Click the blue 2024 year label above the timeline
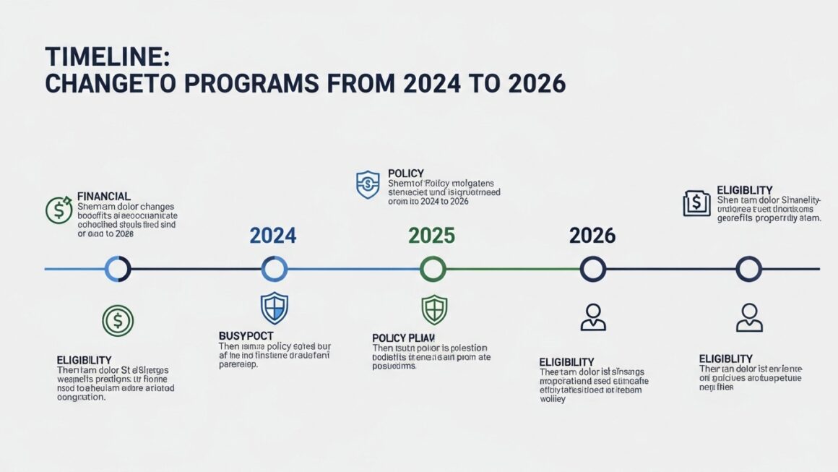pyautogui.click(x=272, y=236)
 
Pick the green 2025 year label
pyautogui.click(x=431, y=236)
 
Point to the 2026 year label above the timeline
pyautogui.click(x=592, y=236)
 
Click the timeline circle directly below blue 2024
pyautogui.click(x=274, y=270)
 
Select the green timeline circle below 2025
pyautogui.click(x=432, y=270)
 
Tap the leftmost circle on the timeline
pyautogui.click(x=118, y=270)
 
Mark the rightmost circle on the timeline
pyautogui.click(x=748, y=270)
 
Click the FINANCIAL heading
pyautogui.click(x=103, y=196)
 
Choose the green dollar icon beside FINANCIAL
pyautogui.click(x=58, y=210)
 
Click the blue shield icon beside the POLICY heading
pyautogui.click(x=368, y=185)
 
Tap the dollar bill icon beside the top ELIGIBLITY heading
pyautogui.click(x=696, y=203)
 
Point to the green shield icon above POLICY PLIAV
pyautogui.click(x=434, y=309)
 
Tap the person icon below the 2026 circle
pyautogui.click(x=593, y=317)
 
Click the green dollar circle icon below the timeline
pyautogui.click(x=118, y=321)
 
